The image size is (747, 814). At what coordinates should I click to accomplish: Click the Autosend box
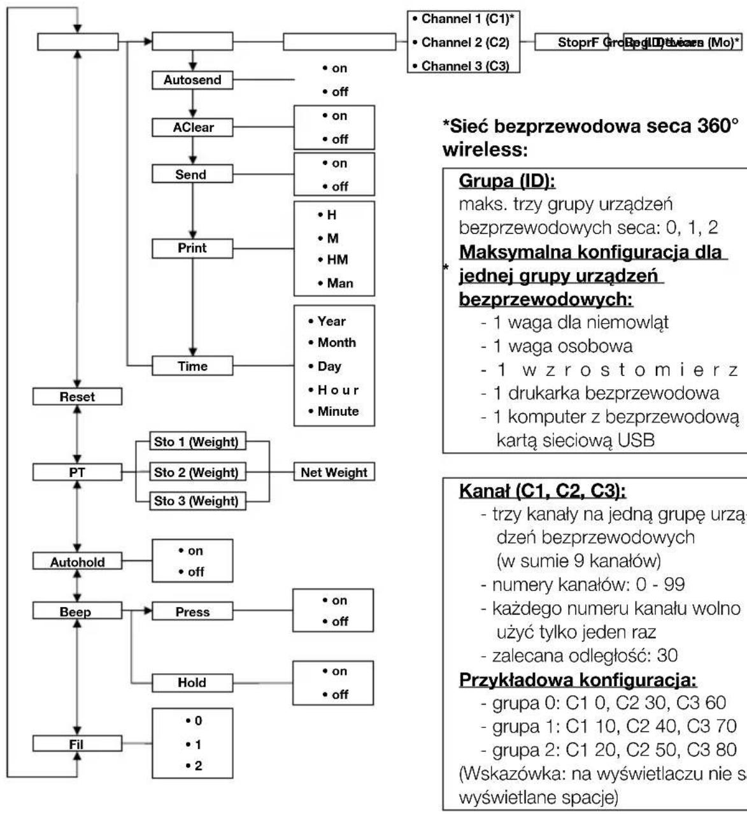click(x=192, y=81)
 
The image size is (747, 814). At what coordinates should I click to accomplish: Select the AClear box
click(x=192, y=127)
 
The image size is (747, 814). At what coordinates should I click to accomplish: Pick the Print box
click(x=192, y=248)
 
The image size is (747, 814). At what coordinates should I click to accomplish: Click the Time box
click(x=192, y=366)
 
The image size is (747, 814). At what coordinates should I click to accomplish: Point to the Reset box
click(x=77, y=397)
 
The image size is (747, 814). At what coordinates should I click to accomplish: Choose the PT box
click(x=77, y=472)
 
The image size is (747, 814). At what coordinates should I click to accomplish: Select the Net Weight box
click(x=334, y=473)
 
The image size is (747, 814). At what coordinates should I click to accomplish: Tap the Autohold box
click(x=77, y=562)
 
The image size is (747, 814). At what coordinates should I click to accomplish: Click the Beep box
click(x=77, y=612)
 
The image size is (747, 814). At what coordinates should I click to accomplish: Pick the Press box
click(x=192, y=612)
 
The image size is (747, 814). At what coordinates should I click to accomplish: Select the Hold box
click(x=192, y=683)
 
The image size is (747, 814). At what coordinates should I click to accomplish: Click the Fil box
click(x=77, y=744)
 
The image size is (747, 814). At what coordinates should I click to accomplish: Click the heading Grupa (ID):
click(x=508, y=182)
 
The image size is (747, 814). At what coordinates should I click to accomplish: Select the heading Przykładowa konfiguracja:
click(x=578, y=680)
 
